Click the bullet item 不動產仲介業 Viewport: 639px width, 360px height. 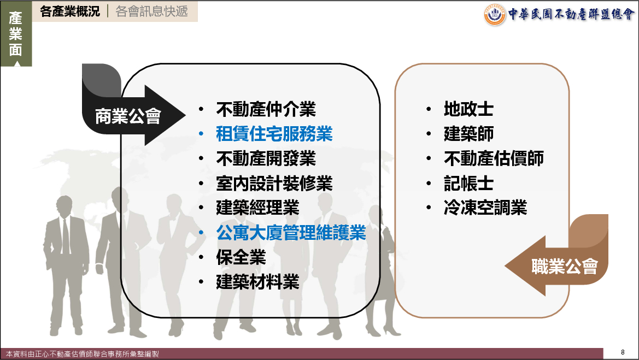pos(266,109)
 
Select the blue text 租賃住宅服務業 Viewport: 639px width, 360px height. pos(274,134)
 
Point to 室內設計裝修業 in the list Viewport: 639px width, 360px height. pos(274,184)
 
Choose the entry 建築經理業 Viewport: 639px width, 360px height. pos(257,208)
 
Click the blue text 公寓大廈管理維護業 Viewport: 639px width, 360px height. pos(291,233)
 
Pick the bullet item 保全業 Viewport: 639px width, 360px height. pos(241,257)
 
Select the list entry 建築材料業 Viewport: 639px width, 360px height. pos(257,282)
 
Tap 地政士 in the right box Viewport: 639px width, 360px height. pos(468,109)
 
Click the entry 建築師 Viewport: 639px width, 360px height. pos(468,134)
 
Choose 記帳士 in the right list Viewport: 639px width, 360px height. pos(468,184)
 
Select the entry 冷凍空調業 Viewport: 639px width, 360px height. pos(485,208)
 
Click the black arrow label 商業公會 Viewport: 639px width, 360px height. pos(128,116)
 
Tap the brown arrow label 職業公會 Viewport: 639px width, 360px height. pos(565,267)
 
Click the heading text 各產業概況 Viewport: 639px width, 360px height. pos(69,11)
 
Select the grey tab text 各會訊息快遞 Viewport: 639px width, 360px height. pos(151,11)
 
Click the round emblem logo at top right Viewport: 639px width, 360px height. pos(495,14)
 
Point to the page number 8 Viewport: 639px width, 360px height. pos(622,352)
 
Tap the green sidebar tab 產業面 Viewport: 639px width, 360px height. pos(15,34)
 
